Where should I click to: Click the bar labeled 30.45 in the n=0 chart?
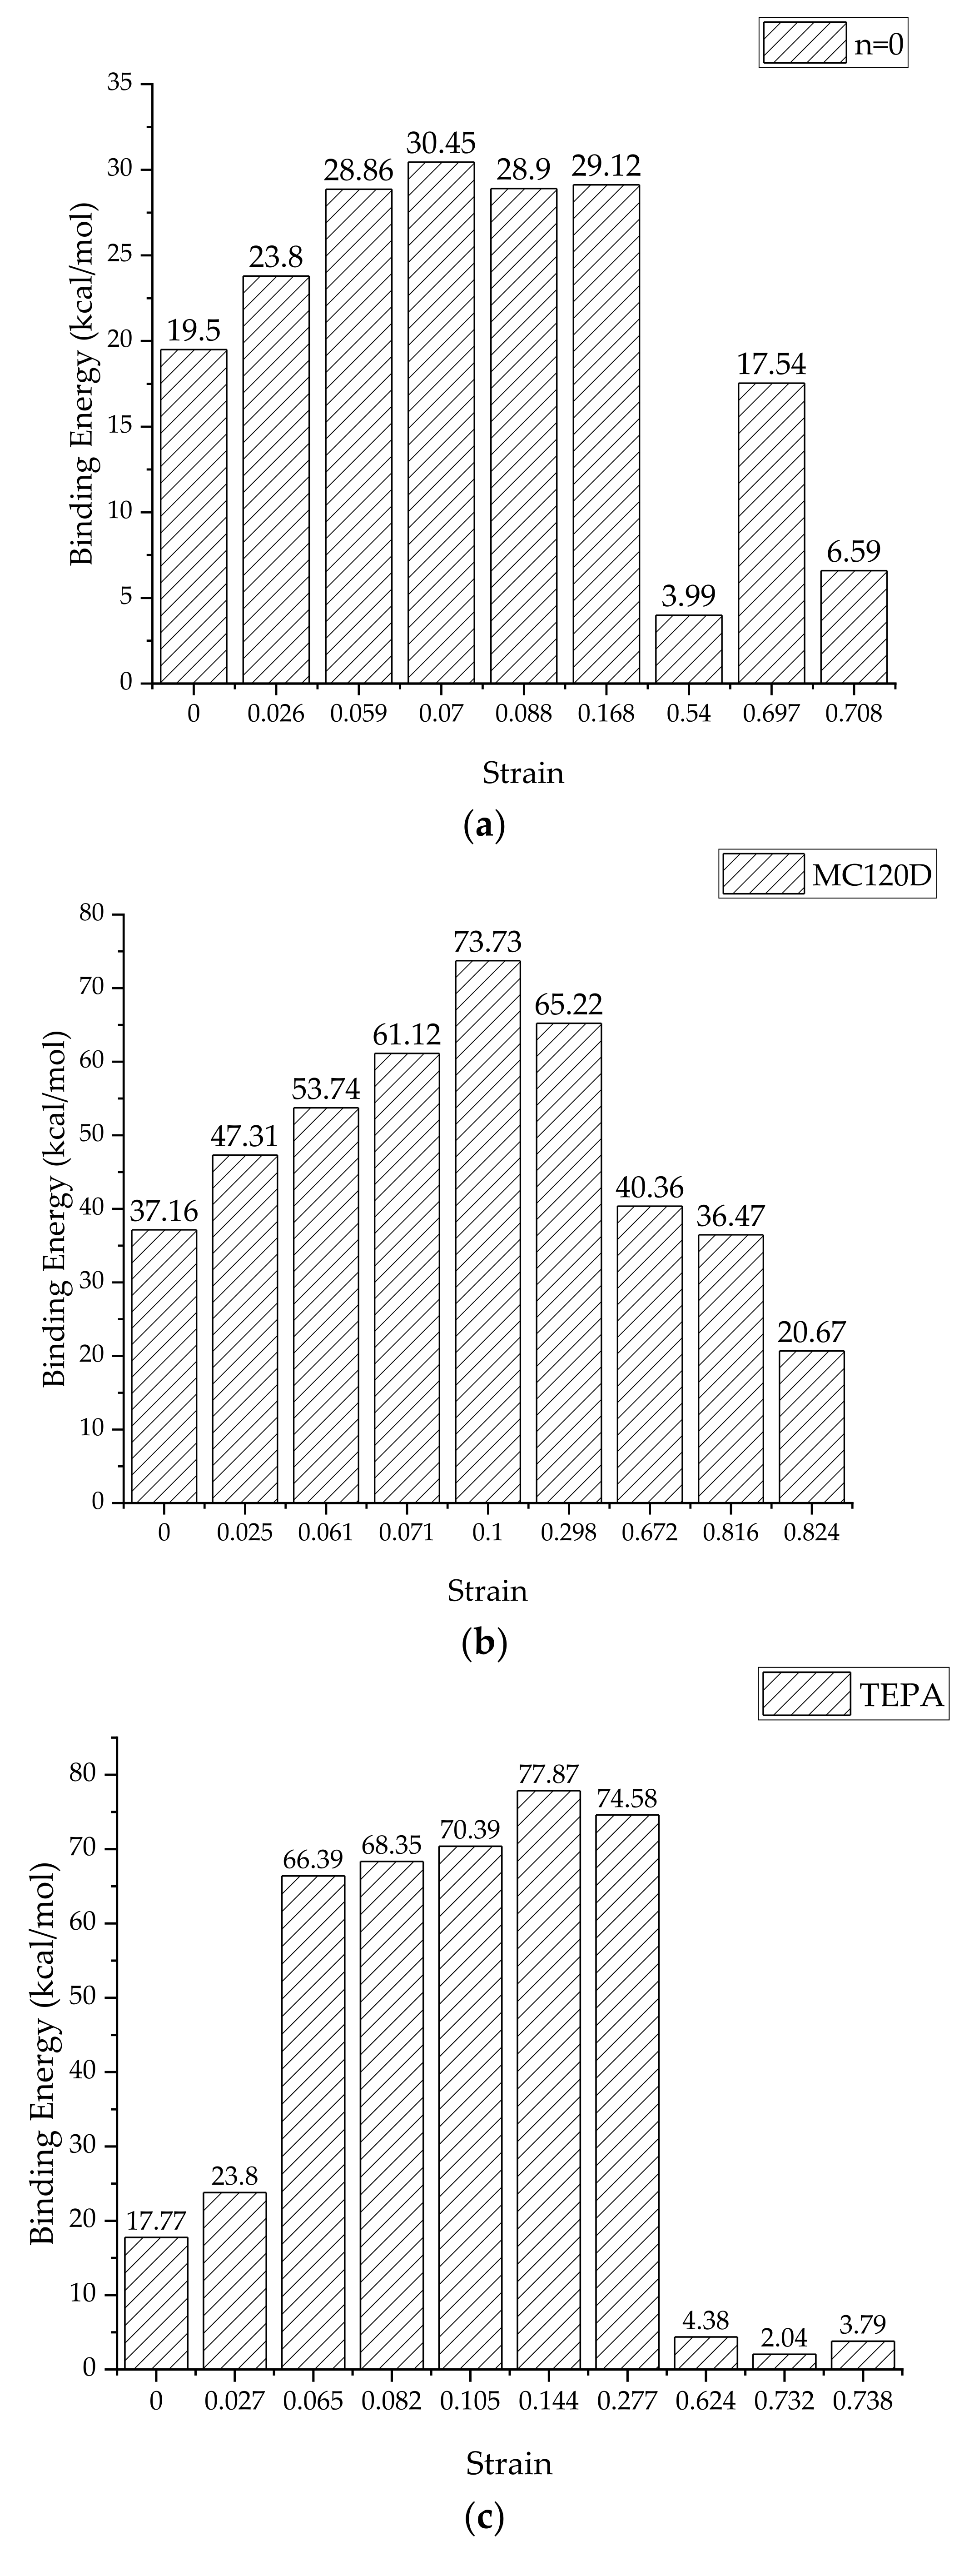pos(440,422)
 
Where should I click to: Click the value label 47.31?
pos(244,1136)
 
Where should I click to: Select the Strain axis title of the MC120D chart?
pos(487,1591)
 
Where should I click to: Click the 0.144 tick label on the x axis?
pos(548,2401)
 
